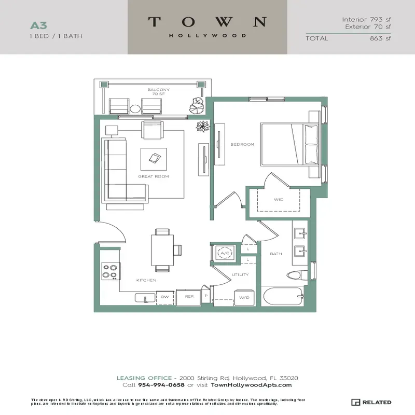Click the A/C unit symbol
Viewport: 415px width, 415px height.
(x=225, y=253)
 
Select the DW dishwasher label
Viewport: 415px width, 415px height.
(x=165, y=297)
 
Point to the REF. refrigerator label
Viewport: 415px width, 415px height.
(x=189, y=297)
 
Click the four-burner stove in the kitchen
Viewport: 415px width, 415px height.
(x=110, y=271)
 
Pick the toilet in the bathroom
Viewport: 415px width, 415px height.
(x=294, y=275)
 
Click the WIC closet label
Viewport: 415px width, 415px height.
(x=278, y=199)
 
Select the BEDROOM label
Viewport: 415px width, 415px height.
(x=242, y=145)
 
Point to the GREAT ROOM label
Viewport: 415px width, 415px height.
(x=153, y=177)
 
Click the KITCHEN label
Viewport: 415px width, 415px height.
(x=146, y=280)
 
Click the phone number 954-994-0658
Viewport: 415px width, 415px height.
(x=161, y=385)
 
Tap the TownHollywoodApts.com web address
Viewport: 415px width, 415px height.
(x=252, y=385)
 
